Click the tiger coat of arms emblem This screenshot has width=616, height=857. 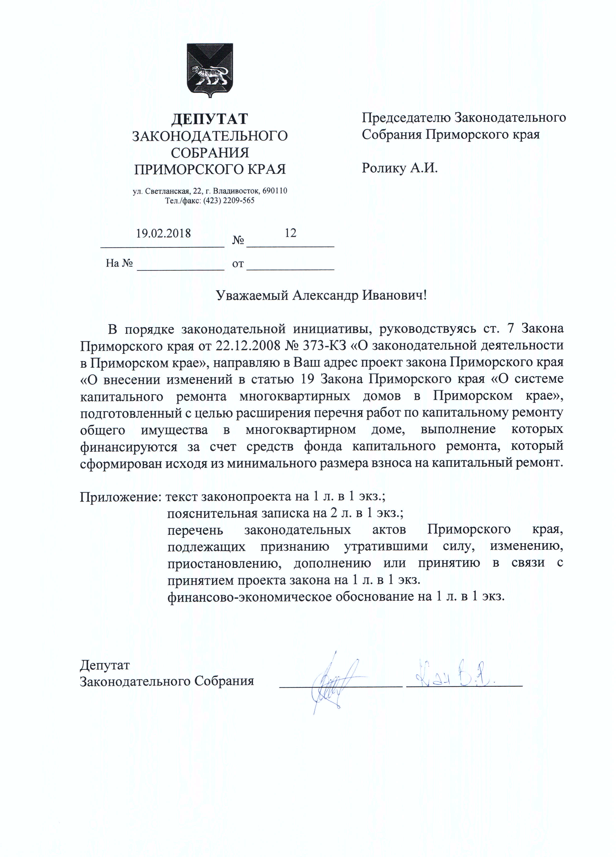pyautogui.click(x=210, y=70)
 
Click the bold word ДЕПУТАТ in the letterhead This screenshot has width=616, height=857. pyautogui.click(x=210, y=119)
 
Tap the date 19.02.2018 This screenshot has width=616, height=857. pyautogui.click(x=163, y=233)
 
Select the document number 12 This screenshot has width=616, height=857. pyautogui.click(x=290, y=233)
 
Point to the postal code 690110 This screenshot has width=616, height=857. pyautogui.click(x=275, y=191)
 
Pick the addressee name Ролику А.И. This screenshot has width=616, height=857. pyautogui.click(x=399, y=168)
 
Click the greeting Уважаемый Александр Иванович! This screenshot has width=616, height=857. pyautogui.click(x=321, y=295)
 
